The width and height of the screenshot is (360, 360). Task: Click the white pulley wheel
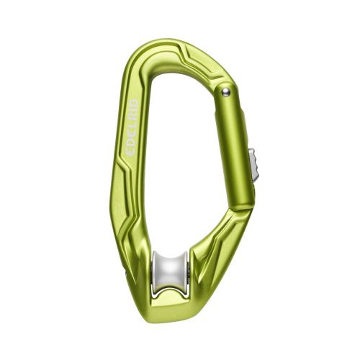(x=171, y=272)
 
